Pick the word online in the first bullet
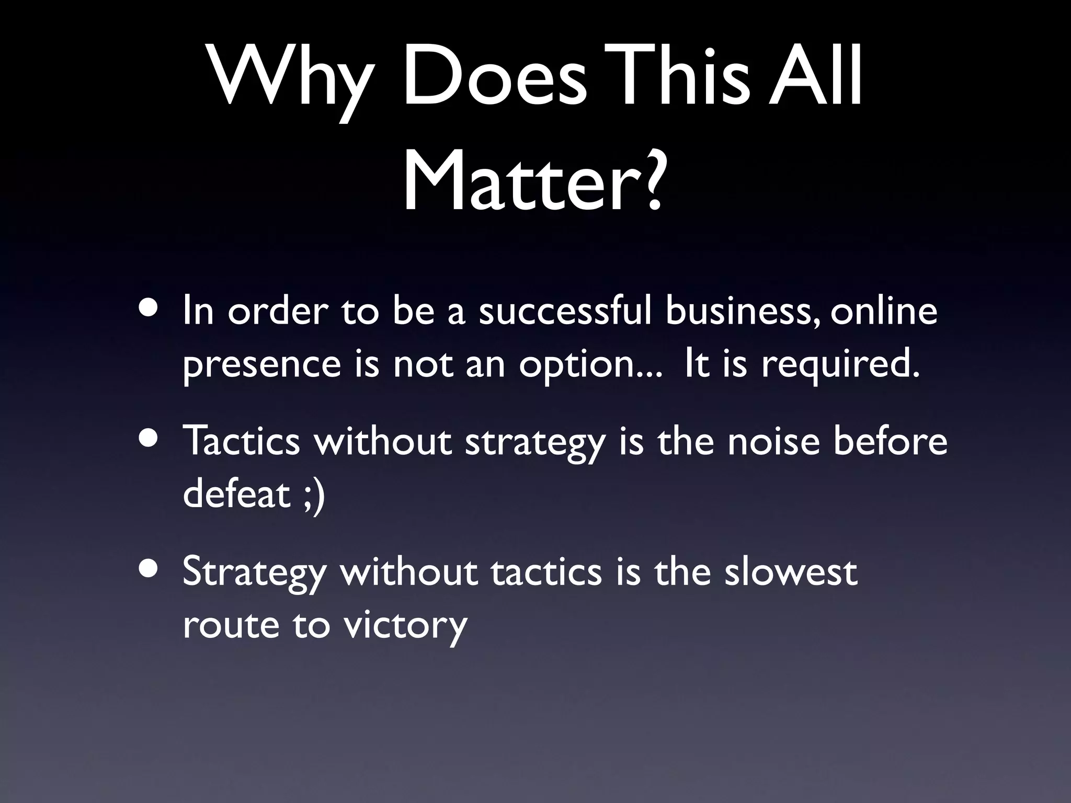pos(884,312)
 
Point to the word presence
pos(261,366)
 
